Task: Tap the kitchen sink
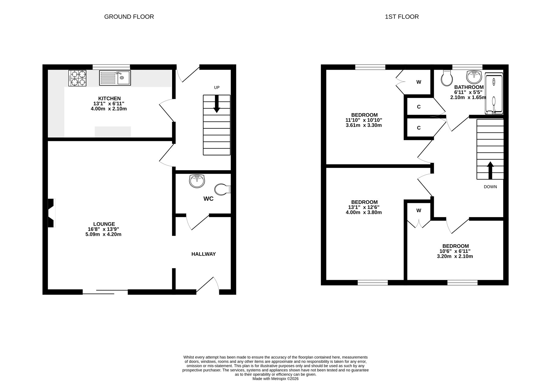coord(115,78)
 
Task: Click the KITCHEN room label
coord(109,98)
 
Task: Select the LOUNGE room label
coord(104,224)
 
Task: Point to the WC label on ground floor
coord(208,199)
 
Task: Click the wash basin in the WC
coord(197,181)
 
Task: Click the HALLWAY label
coord(204,254)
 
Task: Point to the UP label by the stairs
coord(217,88)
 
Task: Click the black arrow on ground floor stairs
coord(217,104)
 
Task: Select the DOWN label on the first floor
coord(490,187)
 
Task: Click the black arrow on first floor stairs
coord(490,170)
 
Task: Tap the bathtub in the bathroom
coord(493,94)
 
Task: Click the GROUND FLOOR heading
coord(129,17)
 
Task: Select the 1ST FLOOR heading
coord(402,17)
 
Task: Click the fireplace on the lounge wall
coord(51,213)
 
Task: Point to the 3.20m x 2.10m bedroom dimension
coord(455,257)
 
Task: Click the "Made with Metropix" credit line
coord(275,379)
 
